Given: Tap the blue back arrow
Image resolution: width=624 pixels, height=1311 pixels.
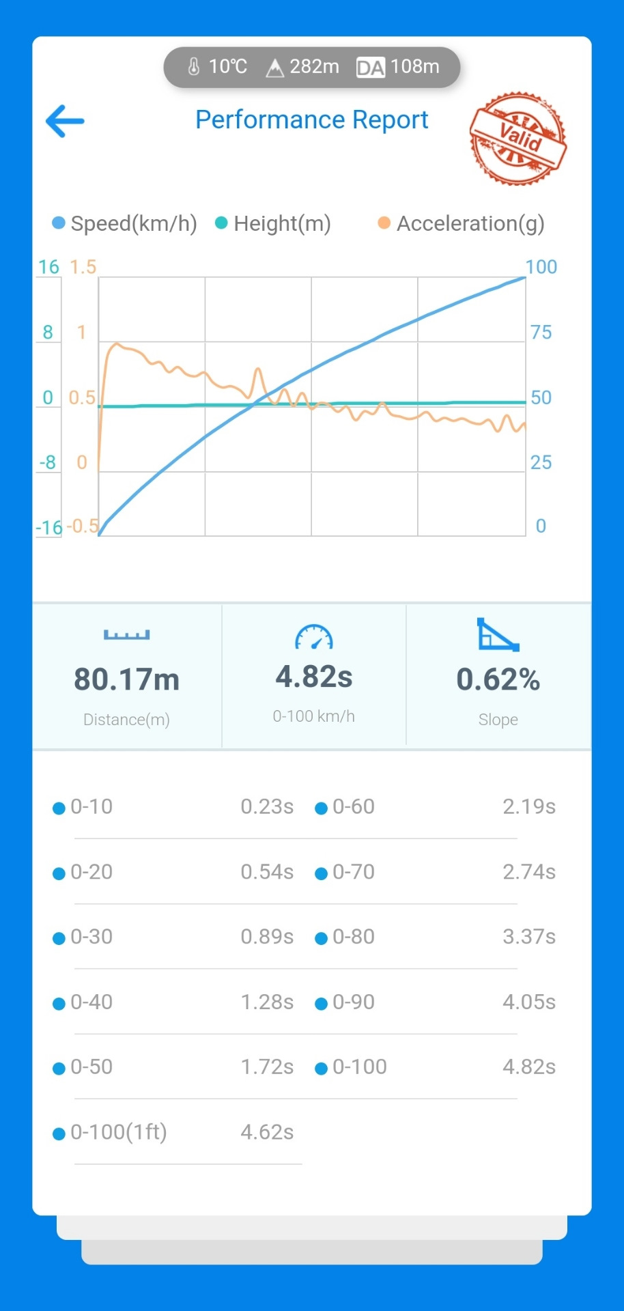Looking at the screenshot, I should (x=65, y=122).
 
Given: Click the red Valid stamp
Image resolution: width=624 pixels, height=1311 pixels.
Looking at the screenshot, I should (x=518, y=139).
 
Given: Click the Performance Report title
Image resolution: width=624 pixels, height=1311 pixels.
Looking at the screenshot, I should (x=311, y=120).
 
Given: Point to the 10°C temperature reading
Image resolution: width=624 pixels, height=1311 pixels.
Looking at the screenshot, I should (x=218, y=67).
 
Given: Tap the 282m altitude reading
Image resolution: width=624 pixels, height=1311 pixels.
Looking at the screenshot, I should (x=303, y=67).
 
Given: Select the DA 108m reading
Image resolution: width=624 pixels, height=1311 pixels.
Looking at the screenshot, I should (x=399, y=67).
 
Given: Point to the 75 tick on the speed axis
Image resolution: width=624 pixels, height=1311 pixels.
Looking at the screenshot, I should (x=541, y=333).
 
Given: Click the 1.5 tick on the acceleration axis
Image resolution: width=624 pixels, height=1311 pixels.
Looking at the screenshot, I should (x=83, y=267).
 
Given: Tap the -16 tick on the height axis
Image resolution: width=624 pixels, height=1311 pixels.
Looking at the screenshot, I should (x=48, y=527).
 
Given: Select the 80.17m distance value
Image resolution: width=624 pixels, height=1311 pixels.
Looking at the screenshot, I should (x=127, y=679).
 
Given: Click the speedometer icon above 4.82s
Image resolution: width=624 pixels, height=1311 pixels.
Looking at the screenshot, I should (x=313, y=637).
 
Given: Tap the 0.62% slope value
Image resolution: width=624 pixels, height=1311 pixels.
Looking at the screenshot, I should (x=498, y=679).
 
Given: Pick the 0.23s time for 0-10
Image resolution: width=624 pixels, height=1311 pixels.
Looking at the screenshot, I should (x=266, y=806).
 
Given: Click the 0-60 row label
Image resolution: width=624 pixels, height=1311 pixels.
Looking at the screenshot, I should (x=353, y=806).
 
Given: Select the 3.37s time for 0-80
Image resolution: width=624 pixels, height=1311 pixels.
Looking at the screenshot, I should (x=528, y=937).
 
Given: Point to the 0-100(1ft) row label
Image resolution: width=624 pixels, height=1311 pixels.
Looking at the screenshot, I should (x=119, y=1132).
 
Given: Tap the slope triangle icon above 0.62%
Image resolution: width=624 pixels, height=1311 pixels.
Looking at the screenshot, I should (x=497, y=635).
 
